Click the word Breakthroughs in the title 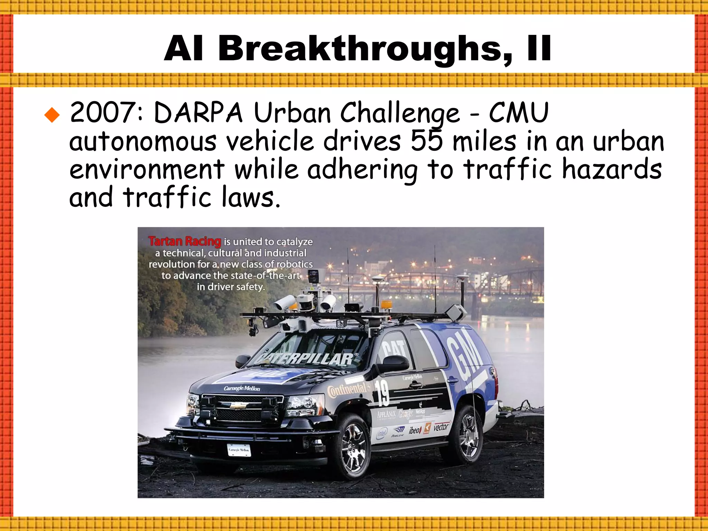tap(364, 49)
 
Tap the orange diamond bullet tap(52, 115)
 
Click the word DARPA tap(198, 113)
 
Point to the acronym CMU tap(518, 113)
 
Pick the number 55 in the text tap(427, 141)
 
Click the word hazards tap(612, 169)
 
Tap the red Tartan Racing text tap(185, 241)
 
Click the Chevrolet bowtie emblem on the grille tap(238, 406)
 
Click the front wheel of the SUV tap(353, 446)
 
